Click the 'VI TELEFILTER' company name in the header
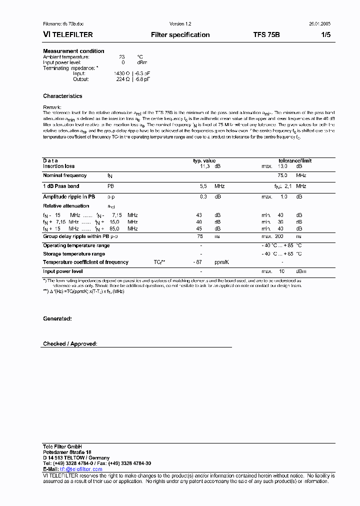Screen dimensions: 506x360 pyautogui.click(x=67, y=35)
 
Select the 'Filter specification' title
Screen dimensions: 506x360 pyautogui.click(x=180, y=35)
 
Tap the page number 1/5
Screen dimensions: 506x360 pyautogui.click(x=325, y=35)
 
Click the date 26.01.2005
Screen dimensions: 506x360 pyautogui.click(x=319, y=24)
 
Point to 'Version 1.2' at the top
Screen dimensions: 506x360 pyautogui.click(x=180, y=24)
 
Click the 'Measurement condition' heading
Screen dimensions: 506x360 pyautogui.click(x=73, y=51)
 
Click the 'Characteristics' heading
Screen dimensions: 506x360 pyautogui.click(x=62, y=96)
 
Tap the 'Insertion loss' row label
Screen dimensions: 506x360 pyautogui.click(x=58, y=166)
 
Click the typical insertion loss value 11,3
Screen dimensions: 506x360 pyautogui.click(x=204, y=166)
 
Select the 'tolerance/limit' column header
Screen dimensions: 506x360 pyautogui.click(x=295, y=160)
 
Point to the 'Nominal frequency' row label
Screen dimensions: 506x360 pyautogui.click(x=64, y=175)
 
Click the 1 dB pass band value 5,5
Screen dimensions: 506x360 pyautogui.click(x=203, y=186)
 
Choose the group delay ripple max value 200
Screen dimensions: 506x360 pyautogui.click(x=279, y=236)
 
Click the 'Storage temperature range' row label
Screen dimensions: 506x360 pyautogui.click(x=73, y=254)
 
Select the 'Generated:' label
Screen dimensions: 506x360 pyautogui.click(x=57, y=318)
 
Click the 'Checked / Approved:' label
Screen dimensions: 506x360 pyautogui.click(x=70, y=344)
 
